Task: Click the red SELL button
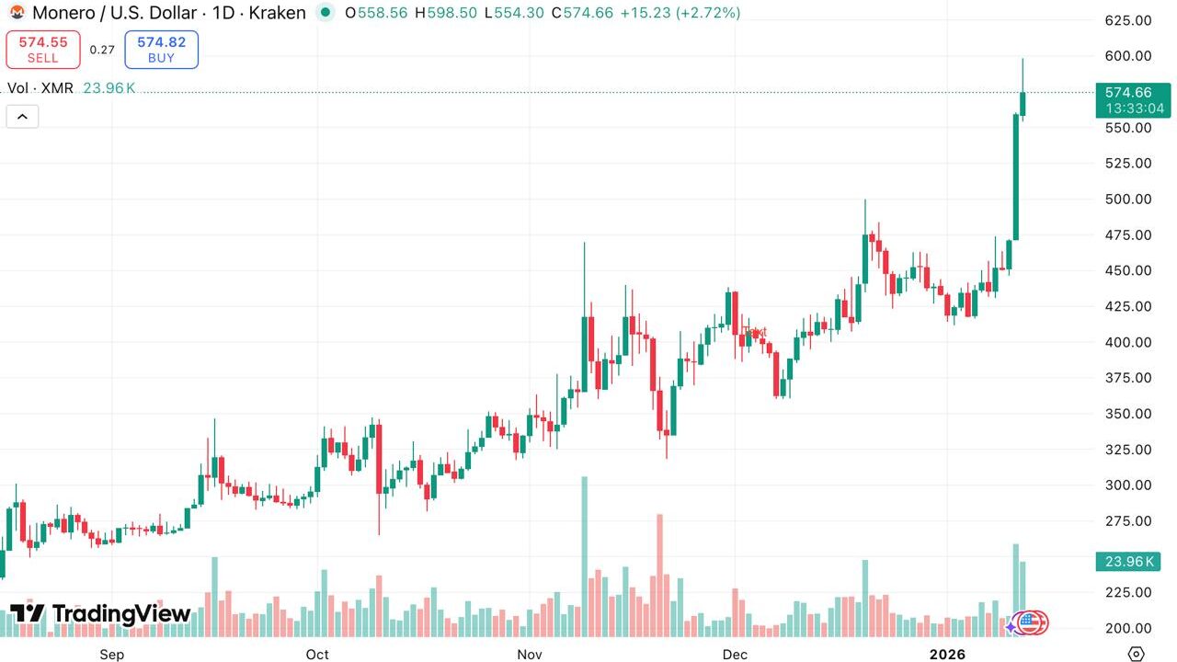[43, 50]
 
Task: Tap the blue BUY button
[161, 50]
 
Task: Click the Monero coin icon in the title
[17, 13]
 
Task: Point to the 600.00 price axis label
[1128, 56]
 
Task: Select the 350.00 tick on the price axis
[1128, 414]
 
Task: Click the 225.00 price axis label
[1128, 592]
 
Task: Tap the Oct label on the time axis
[317, 655]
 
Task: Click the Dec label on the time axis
[735, 655]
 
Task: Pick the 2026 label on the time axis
[947, 655]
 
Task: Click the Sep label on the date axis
[111, 655]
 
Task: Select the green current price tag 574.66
[1133, 99]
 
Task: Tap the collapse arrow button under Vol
[22, 117]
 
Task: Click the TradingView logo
[100, 614]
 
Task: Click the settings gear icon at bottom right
[1137, 654]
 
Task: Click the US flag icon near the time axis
[1032, 623]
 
